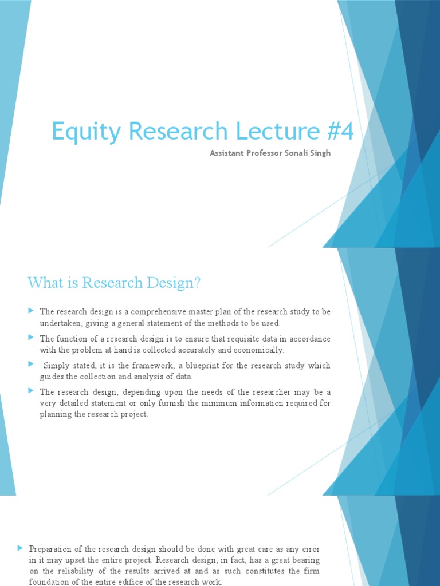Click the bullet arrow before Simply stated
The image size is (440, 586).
(31, 364)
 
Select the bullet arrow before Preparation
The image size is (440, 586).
(20, 548)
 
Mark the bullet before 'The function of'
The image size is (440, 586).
(31, 338)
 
